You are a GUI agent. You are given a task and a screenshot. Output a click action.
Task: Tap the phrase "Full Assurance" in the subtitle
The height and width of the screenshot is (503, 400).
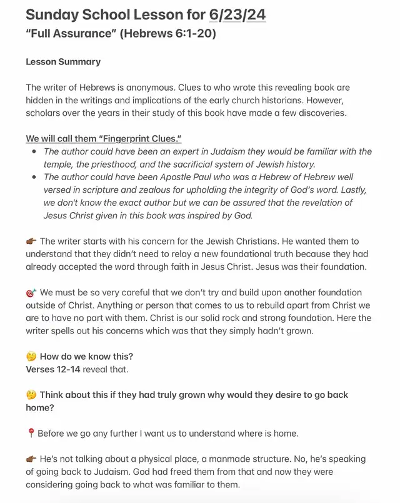pyautogui.click(x=69, y=33)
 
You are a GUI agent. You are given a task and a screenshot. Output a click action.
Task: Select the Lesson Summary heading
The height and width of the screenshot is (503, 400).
pyautogui.click(x=63, y=62)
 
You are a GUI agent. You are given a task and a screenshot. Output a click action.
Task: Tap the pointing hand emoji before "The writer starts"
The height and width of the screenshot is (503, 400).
pyautogui.click(x=31, y=241)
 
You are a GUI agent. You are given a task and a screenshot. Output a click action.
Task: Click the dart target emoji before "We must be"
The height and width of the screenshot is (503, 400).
pyautogui.click(x=31, y=292)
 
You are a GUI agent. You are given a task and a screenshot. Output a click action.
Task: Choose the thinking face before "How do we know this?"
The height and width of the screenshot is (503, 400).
pyautogui.click(x=31, y=357)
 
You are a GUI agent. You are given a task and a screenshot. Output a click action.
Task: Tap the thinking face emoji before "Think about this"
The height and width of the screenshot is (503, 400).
pyautogui.click(x=31, y=395)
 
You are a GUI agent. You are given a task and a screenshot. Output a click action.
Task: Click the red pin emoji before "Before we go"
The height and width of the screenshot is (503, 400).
pyautogui.click(x=31, y=433)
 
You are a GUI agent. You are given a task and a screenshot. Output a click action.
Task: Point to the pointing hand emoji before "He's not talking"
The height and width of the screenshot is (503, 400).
pyautogui.click(x=31, y=459)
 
